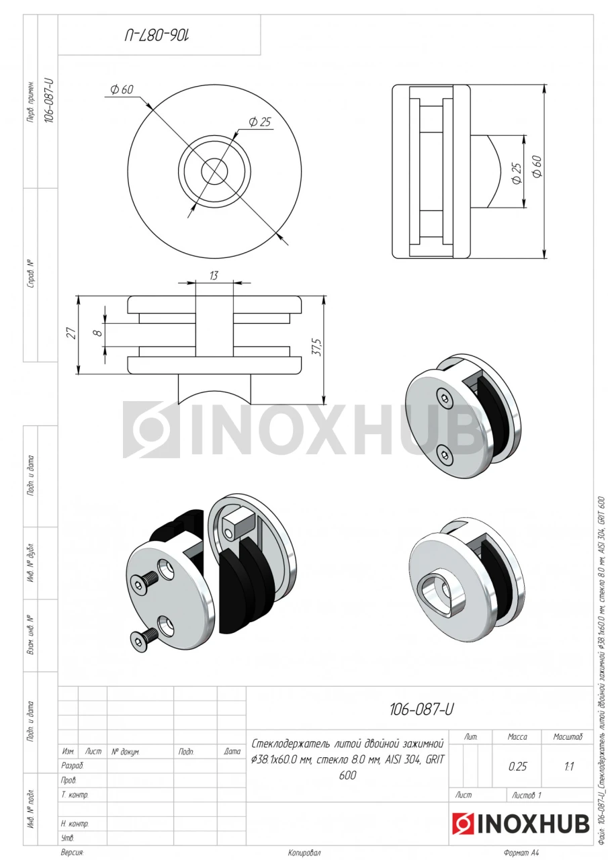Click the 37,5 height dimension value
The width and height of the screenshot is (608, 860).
[318, 347]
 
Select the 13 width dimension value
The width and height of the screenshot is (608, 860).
[214, 275]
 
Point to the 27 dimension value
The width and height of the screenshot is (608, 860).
[72, 333]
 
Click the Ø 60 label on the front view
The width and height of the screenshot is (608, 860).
[122, 89]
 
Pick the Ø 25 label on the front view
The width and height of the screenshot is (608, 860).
[260, 122]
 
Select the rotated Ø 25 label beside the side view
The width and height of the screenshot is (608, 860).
[517, 173]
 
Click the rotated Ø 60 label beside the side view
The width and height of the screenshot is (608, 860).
[537, 166]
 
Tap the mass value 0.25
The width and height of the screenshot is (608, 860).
[517, 767]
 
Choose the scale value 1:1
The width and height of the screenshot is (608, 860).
[569, 767]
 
